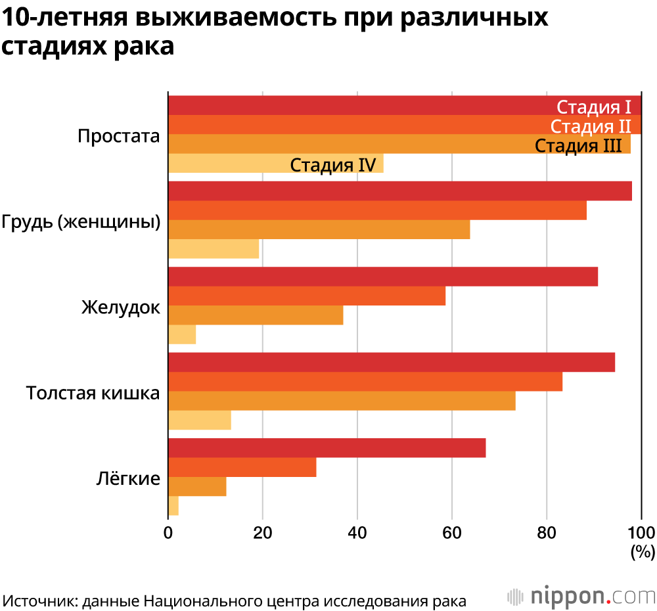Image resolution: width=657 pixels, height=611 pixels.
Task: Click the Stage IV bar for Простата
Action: [230, 164]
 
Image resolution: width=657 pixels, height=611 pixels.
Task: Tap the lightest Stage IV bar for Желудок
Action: [182, 334]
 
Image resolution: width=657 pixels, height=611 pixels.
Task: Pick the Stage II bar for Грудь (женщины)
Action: [377, 210]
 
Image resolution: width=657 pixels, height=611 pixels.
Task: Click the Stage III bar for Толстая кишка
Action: [342, 401]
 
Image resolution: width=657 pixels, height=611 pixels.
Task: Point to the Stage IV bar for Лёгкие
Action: [173, 506]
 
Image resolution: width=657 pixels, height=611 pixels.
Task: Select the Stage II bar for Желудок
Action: [307, 296]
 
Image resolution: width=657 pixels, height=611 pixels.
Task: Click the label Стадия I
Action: [594, 107]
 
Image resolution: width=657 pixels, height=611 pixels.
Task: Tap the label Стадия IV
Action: [332, 164]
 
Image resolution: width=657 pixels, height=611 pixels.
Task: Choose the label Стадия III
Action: [578, 145]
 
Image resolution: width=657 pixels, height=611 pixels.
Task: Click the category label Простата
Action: [119, 136]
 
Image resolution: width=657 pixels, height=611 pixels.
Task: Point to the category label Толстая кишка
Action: [93, 393]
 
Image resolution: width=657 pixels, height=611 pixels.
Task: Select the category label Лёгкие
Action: [128, 478]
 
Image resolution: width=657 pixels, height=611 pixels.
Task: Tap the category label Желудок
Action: [121, 307]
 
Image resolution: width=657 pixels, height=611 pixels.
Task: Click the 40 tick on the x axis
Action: [357, 532]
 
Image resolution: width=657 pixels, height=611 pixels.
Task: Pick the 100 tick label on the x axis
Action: [642, 532]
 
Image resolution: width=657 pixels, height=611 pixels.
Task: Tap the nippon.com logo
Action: [581, 596]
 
